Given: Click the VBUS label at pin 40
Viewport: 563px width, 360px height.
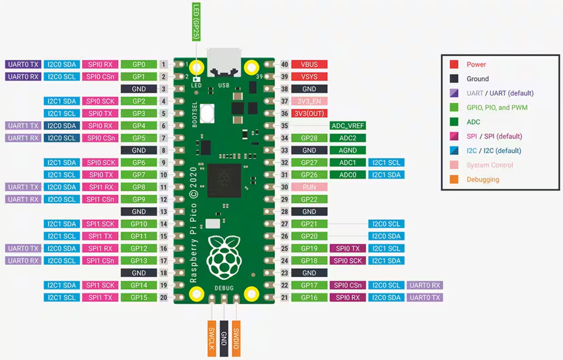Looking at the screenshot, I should click(x=309, y=64).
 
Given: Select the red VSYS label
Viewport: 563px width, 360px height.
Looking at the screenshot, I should click(x=309, y=77).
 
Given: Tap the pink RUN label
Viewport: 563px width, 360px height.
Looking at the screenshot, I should click(x=309, y=187).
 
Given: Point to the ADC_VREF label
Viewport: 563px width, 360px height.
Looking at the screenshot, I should click(x=347, y=126).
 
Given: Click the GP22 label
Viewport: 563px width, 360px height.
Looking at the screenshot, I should click(x=309, y=199).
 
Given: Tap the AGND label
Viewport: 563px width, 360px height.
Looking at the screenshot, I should click(x=347, y=150).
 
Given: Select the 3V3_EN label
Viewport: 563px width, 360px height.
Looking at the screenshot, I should click(x=309, y=101).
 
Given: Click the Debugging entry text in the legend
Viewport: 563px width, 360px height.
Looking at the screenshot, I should click(x=482, y=180).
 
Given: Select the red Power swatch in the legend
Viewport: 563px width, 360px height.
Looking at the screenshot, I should click(x=454, y=65).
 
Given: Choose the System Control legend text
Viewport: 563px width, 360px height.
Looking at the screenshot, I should click(x=490, y=165).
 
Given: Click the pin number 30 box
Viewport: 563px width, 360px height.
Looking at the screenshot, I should click(x=284, y=187).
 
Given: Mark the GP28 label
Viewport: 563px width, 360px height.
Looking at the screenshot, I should click(x=309, y=138).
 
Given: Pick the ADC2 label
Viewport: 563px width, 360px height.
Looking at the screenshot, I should click(x=347, y=138).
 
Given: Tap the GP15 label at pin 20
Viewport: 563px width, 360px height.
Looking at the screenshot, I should click(x=138, y=297).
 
